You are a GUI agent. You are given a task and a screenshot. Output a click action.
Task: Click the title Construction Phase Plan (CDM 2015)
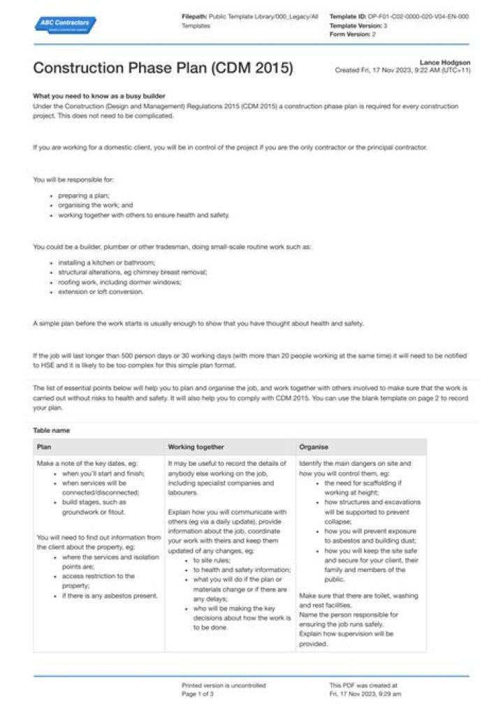[x=163, y=68]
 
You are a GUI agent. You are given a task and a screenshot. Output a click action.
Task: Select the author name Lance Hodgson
[x=444, y=62]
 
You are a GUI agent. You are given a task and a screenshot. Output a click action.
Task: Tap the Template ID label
[x=347, y=16]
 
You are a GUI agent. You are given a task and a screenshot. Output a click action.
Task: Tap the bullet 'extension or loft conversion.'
[x=101, y=292]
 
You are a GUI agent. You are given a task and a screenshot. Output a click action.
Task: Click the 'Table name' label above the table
[x=51, y=430]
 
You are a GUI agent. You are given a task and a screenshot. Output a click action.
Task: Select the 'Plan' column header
[x=43, y=446]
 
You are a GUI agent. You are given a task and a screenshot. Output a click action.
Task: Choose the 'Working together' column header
[x=196, y=446]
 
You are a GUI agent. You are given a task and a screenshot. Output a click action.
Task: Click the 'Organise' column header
[x=314, y=446]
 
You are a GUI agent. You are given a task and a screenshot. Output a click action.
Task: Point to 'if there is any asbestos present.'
[x=110, y=596]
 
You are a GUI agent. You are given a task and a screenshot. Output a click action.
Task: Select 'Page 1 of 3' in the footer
[x=198, y=694]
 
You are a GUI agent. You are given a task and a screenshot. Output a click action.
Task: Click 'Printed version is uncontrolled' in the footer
[x=224, y=685]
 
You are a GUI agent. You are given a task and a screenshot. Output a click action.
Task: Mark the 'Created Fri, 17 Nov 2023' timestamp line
[x=402, y=71]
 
